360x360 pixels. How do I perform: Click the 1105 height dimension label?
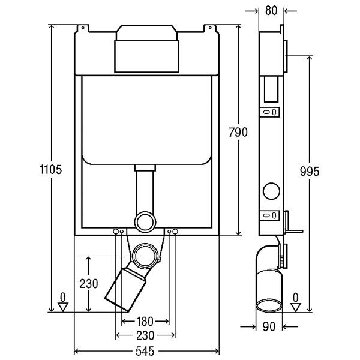click(x=51, y=170)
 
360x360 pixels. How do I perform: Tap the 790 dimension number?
click(x=238, y=132)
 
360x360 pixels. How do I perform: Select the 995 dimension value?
click(x=310, y=171)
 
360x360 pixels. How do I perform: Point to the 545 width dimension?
click(x=145, y=351)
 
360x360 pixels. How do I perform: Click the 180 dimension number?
click(x=145, y=321)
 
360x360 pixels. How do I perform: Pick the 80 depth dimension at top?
click(x=271, y=11)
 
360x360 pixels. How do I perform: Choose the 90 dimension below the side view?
click(x=269, y=326)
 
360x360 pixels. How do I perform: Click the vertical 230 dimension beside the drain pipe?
click(x=89, y=283)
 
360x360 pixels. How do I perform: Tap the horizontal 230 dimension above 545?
click(x=145, y=335)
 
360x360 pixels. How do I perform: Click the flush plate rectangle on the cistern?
click(x=146, y=56)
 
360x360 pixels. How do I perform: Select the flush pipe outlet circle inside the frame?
click(x=145, y=222)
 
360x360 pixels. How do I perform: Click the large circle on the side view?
click(x=271, y=191)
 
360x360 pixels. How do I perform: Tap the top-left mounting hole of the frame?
click(x=83, y=28)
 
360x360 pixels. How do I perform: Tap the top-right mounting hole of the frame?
click(x=210, y=28)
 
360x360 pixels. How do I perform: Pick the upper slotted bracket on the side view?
click(x=269, y=112)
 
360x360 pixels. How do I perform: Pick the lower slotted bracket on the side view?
click(x=269, y=215)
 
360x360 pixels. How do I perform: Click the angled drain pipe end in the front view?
click(x=125, y=290)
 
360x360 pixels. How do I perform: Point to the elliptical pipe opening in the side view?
click(x=269, y=305)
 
